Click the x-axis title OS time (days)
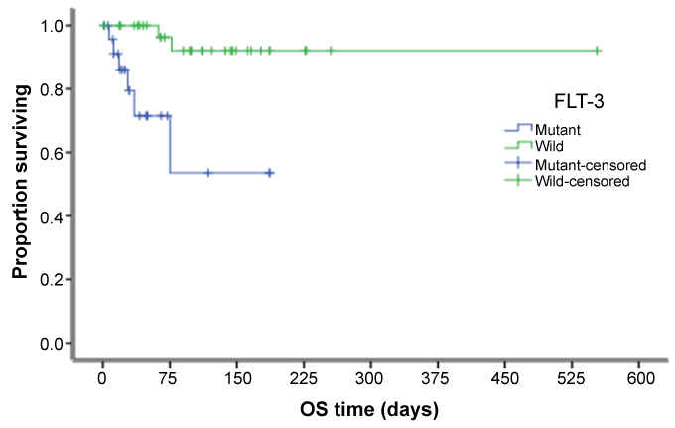(368, 408)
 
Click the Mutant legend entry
(557, 129)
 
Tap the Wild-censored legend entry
(581, 181)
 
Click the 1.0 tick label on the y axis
(50, 25)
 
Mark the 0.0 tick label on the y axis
(50, 344)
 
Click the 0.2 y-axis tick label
(50, 280)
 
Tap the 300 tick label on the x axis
(371, 380)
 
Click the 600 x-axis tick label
(640, 380)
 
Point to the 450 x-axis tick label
(505, 380)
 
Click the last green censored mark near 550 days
(598, 50)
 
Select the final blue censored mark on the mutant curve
(269, 173)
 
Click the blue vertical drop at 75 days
(170, 144)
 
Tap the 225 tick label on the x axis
(304, 380)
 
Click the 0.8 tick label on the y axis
(50, 88)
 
